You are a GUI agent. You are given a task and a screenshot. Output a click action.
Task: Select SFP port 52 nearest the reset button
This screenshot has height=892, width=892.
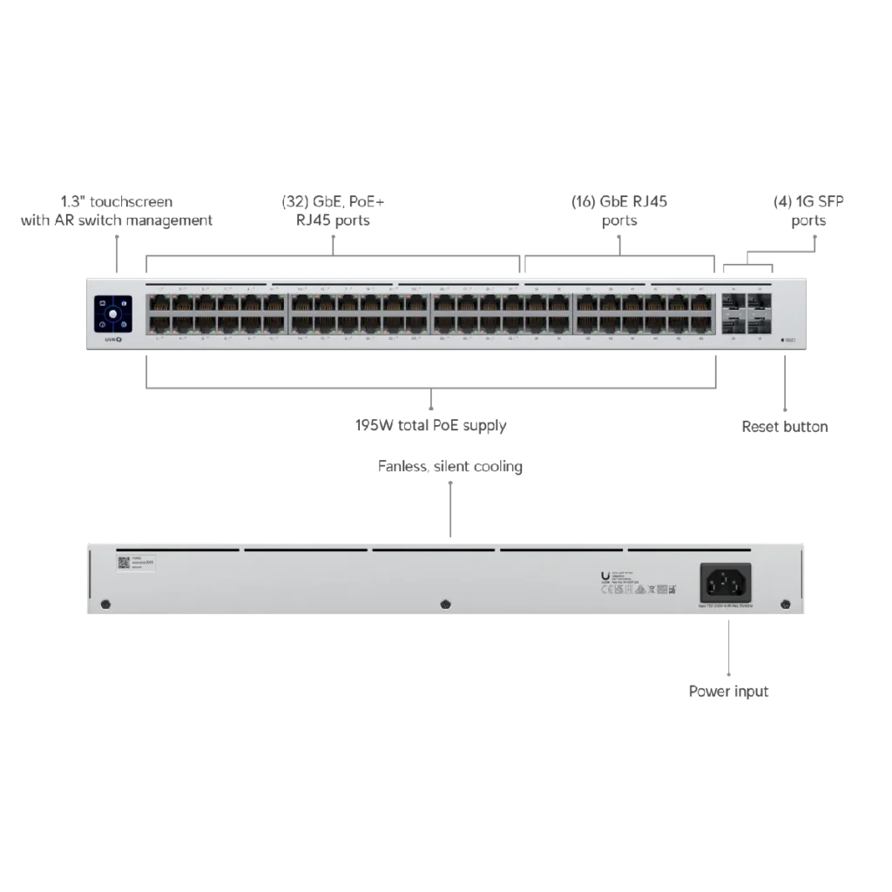[x=759, y=324]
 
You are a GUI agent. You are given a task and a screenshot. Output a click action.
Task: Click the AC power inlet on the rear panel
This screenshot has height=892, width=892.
[x=726, y=581]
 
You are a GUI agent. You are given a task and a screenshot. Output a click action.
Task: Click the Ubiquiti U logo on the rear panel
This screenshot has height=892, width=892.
[x=605, y=575]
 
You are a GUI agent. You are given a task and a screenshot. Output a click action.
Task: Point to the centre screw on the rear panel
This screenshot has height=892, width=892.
[x=445, y=604]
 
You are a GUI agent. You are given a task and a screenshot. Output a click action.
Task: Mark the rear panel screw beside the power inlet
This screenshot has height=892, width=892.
[x=785, y=604]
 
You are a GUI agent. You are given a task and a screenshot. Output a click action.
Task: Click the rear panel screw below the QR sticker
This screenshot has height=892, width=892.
[x=105, y=604]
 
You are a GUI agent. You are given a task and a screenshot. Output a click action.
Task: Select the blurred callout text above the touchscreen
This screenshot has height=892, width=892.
[x=115, y=212]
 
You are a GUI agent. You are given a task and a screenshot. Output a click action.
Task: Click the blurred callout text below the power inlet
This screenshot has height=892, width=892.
[x=727, y=693]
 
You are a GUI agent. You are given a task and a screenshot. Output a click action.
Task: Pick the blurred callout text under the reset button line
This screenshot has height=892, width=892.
[x=783, y=426]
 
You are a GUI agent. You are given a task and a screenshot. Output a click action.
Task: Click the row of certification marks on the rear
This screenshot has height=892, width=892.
[x=645, y=590]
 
